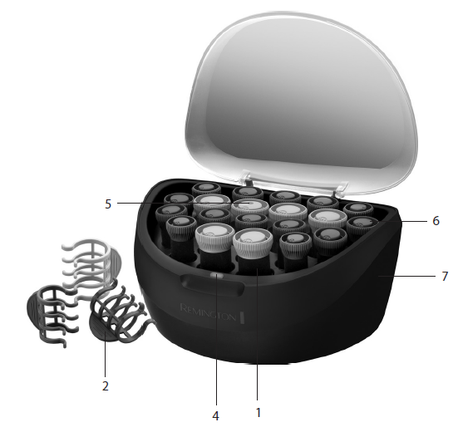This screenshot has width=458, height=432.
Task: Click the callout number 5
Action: point(108,204)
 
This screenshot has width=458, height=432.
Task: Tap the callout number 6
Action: point(436,221)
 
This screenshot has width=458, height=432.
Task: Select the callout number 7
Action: point(445,277)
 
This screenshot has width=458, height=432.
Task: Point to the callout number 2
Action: point(106,385)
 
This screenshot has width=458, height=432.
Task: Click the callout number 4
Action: point(215,416)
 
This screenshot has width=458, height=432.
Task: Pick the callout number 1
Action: point(259,413)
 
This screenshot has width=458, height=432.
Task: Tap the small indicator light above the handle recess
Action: point(217,275)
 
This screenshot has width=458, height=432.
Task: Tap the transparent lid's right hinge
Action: point(341,189)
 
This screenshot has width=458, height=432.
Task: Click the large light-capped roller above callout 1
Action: point(253,251)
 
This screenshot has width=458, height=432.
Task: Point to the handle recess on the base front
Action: point(212,284)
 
